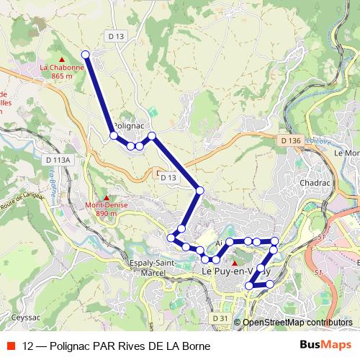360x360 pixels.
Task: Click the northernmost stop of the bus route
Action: click(x=86, y=55)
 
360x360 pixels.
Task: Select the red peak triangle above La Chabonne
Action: click(x=62, y=59)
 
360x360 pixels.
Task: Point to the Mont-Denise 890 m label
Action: click(x=102, y=209)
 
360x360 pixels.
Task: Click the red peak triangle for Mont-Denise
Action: click(x=107, y=197)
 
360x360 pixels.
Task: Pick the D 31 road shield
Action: click(x=220, y=318)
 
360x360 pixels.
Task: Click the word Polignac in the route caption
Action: click(x=70, y=345)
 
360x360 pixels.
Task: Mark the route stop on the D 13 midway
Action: click(x=200, y=190)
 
